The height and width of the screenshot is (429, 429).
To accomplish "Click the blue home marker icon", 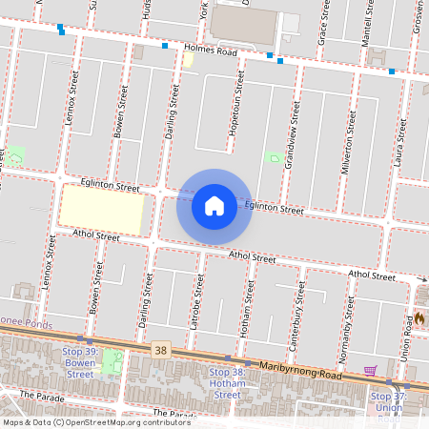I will tap(214, 205).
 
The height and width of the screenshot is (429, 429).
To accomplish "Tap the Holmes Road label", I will tap(212, 51).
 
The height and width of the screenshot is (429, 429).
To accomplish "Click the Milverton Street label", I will tap(349, 141).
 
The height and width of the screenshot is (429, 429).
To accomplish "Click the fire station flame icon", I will tap(418, 318).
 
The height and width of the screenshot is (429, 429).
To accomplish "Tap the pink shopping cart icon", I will tap(370, 370).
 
